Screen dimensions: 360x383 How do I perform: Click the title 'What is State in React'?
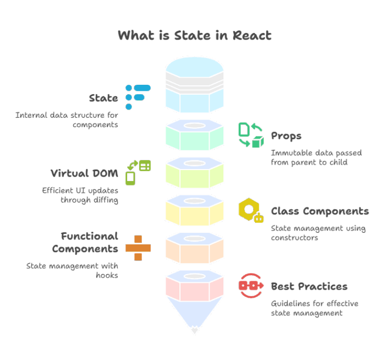[194, 36]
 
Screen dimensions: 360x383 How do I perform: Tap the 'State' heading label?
[103, 99]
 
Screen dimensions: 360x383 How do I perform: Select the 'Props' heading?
[286, 136]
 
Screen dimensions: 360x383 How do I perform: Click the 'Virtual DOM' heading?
[84, 173]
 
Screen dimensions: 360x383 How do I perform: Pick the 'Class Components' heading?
[320, 211]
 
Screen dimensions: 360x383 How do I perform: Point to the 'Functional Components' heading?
[85, 242]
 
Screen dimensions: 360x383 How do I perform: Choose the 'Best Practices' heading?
[309, 286]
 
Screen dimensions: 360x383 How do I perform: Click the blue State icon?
[137, 97]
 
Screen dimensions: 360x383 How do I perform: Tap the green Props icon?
[251, 135]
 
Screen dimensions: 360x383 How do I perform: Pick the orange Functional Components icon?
[138, 248]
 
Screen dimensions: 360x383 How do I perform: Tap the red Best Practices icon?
[251, 286]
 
